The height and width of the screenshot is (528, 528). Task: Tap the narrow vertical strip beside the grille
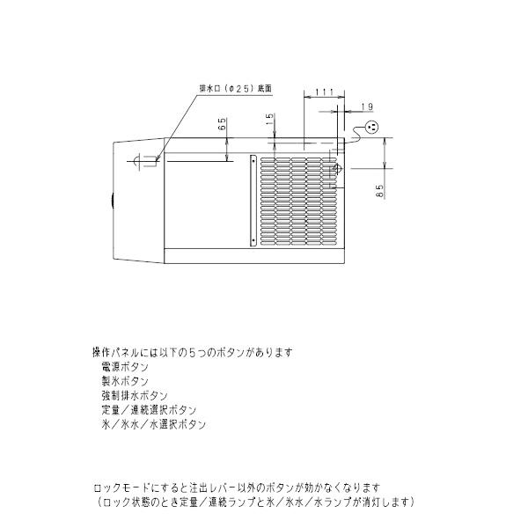[253, 200]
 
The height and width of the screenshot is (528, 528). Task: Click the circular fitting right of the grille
[334, 169]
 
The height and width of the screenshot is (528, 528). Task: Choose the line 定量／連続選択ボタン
[149, 410]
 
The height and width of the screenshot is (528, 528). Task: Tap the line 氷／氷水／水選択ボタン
[154, 424]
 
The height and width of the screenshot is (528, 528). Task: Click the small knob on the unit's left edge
[112, 201]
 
